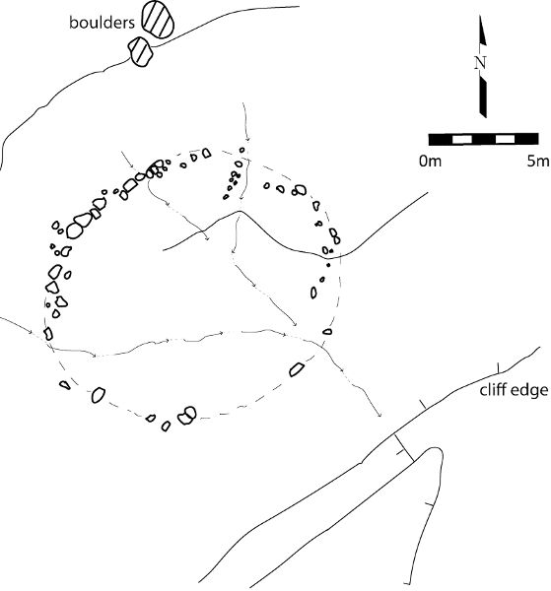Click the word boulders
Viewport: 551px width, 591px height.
coord(102,23)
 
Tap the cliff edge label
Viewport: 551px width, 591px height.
coord(514,390)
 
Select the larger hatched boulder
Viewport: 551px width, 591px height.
coord(158,19)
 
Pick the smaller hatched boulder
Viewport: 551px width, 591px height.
coord(140,51)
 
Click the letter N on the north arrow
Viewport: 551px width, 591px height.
coord(480,63)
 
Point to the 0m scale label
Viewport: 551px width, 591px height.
coord(430,162)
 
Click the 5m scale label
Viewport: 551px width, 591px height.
coord(538,162)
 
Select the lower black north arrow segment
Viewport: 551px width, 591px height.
coord(483,98)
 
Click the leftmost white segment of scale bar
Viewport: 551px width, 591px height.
coord(462,140)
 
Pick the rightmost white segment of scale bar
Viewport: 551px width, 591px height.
coord(505,140)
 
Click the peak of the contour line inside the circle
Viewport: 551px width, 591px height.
coord(239,211)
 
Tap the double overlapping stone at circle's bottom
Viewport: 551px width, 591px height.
coord(187,416)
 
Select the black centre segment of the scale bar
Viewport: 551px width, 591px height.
coord(484,140)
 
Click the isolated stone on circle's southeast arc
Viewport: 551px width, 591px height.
coord(297,369)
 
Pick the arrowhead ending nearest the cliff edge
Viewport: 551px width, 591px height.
coord(379,415)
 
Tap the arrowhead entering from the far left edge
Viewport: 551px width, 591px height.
coord(31,331)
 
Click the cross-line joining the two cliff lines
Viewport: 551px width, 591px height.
coord(403,447)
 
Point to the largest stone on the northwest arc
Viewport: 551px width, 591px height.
coord(75,230)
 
